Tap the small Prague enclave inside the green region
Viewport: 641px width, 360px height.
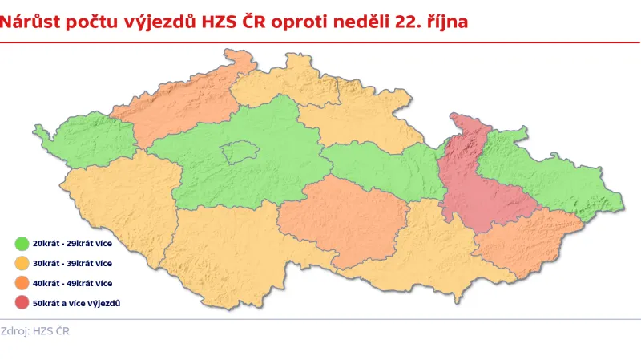(238, 152)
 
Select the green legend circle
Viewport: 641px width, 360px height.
(22, 241)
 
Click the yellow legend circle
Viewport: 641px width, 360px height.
(22, 262)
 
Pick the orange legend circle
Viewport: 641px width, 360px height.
(22, 283)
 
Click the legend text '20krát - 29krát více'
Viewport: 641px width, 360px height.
(72, 241)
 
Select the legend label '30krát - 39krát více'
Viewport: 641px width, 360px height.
(72, 262)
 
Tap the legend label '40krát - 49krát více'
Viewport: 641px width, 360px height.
(72, 283)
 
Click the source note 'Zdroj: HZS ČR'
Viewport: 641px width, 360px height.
(35, 331)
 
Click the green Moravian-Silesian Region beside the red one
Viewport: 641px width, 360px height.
(553, 172)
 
